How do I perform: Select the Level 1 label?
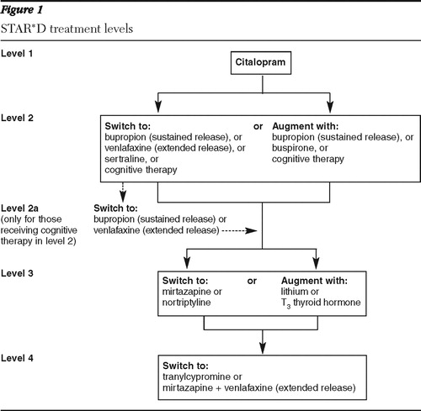17,53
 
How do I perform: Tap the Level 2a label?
19,208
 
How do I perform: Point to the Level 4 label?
17,358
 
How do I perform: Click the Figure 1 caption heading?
22,10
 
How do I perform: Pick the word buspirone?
294,148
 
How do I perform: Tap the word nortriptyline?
186,303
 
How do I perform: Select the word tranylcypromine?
197,377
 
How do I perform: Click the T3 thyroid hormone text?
321,303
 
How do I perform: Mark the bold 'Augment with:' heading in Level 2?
305,126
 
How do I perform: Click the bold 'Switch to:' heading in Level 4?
185,366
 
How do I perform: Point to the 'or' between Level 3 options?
252,281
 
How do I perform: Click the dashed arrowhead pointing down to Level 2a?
123,196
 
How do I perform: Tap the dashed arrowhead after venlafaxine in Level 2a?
251,230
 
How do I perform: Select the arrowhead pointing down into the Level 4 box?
263,347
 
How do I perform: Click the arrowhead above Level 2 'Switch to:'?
158,106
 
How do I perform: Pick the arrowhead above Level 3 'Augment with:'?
317,262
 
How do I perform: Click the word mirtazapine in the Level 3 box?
187,292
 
